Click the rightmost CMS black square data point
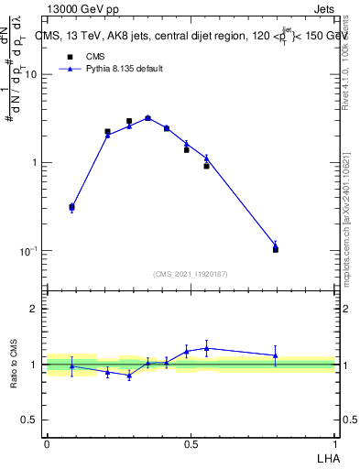pyautogui.click(x=276, y=249)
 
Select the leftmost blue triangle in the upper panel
pyautogui.click(x=72, y=207)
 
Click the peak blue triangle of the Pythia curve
pyautogui.click(x=147, y=117)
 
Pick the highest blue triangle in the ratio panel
pyautogui.click(x=206, y=348)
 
